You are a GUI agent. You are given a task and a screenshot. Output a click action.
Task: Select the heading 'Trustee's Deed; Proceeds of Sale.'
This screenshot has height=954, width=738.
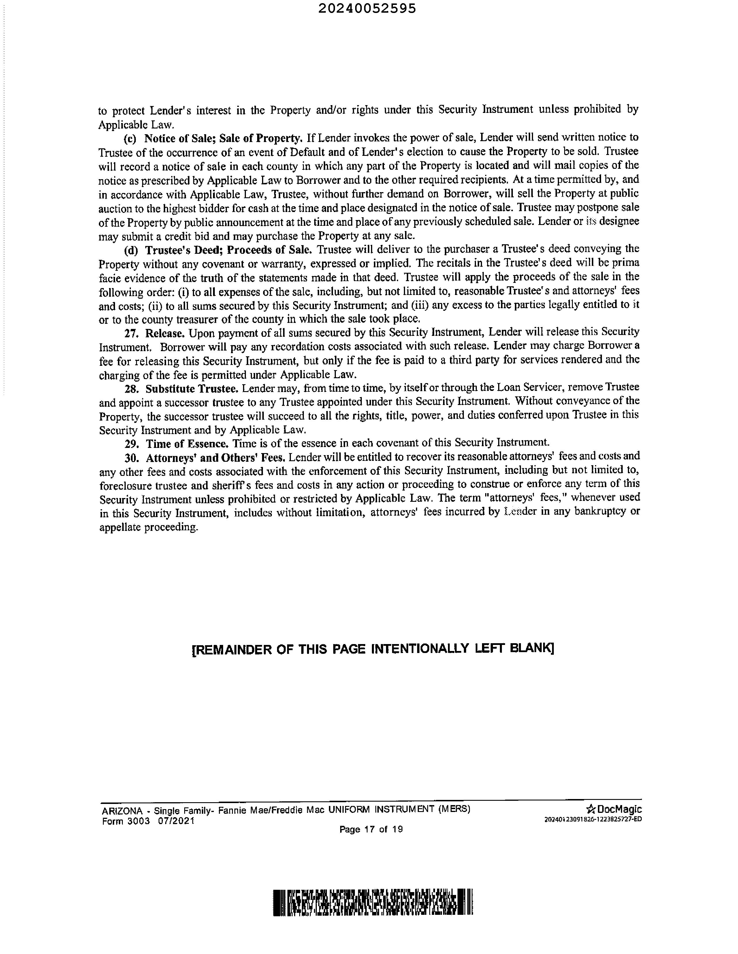[228, 250]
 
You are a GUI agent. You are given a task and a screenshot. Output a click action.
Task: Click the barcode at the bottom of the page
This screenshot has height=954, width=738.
[373, 902]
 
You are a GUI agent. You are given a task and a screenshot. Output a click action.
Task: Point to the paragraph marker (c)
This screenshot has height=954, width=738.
[130, 139]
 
